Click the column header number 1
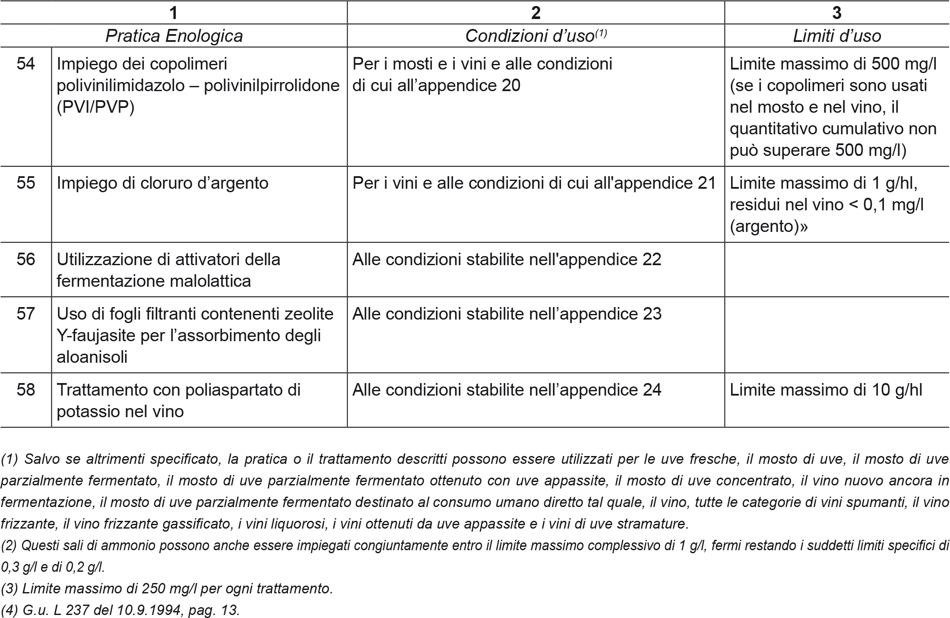174,13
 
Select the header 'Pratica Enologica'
174,36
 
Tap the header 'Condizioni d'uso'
535,36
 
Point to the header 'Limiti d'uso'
837,36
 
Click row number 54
26,64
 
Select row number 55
26,183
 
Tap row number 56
26,260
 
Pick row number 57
26,314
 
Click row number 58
26,390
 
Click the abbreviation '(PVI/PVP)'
95,108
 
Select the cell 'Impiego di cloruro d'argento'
162,183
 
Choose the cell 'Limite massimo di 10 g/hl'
826,390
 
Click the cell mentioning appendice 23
507,314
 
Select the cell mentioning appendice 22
507,260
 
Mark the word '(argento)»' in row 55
768,227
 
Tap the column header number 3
837,13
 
